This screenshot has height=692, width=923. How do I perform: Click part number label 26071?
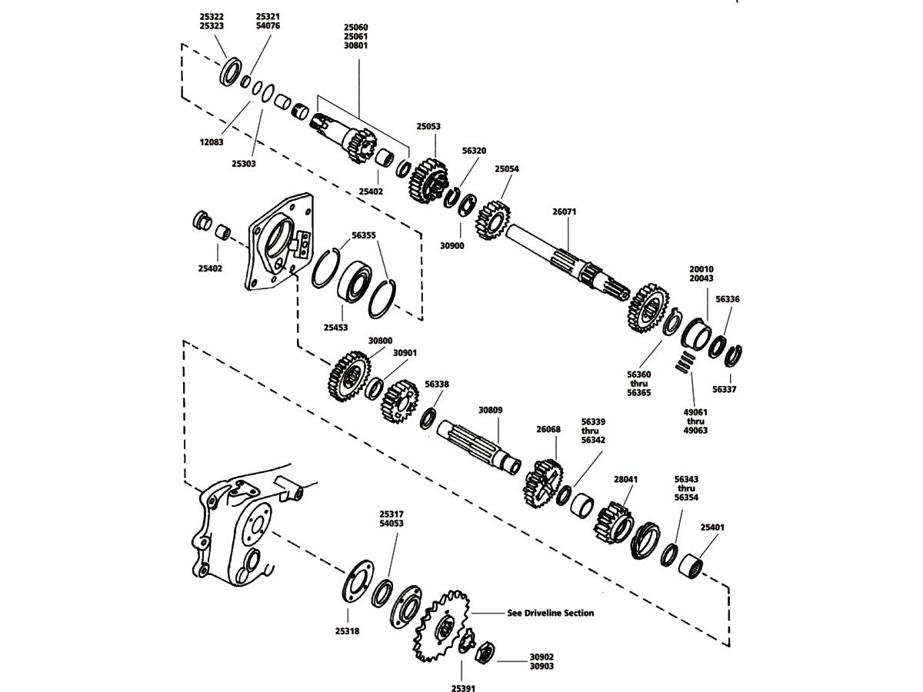(x=564, y=211)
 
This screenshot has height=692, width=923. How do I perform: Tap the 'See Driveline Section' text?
(x=551, y=613)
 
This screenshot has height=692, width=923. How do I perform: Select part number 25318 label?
(x=347, y=630)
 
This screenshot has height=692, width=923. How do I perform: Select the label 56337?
(x=724, y=389)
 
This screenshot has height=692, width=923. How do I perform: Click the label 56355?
(x=364, y=236)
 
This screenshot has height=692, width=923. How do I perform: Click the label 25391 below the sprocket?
(x=463, y=688)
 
